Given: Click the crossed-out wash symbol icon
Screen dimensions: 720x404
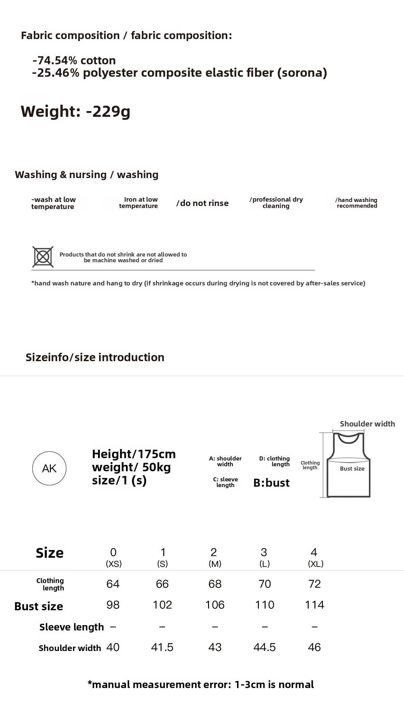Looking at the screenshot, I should coord(43,257).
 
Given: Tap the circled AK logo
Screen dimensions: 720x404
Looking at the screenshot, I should coord(49,468).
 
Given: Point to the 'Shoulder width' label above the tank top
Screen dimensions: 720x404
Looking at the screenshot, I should coord(367,424).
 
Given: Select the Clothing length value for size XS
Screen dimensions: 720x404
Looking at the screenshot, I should coord(113,584).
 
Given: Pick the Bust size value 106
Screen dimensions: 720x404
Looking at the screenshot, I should coord(215,605).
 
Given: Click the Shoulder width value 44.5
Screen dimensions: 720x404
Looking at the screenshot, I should coord(265,647).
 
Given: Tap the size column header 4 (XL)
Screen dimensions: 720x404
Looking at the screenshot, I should coord(315,557).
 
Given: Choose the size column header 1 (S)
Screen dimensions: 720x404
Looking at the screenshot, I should coord(163,557).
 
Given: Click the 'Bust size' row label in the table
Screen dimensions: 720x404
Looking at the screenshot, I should coord(39,606).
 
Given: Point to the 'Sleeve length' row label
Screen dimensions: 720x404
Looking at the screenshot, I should coord(71,627).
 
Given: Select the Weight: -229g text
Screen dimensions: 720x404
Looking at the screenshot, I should coord(75,111).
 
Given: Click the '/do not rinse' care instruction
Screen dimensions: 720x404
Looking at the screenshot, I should coord(202,203).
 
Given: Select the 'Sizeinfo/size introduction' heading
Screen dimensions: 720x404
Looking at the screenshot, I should coord(95,357).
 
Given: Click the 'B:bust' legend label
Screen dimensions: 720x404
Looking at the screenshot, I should coord(271,483).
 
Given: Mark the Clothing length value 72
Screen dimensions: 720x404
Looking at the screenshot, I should coord(314,584).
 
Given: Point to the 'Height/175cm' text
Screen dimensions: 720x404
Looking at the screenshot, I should coord(134,454).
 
